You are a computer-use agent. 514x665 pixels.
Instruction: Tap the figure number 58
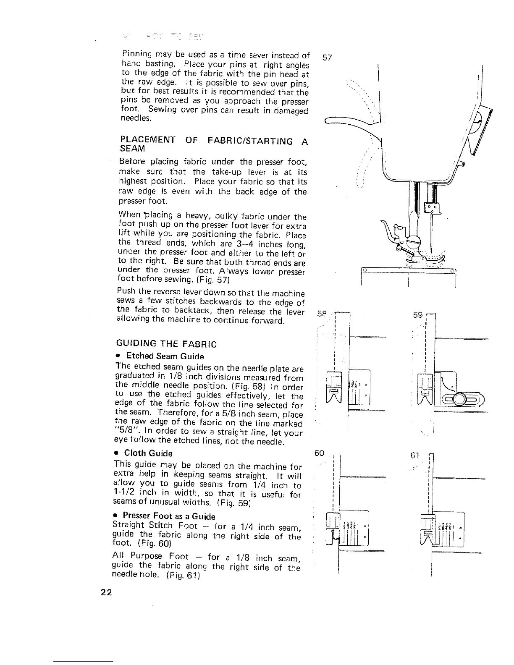322,314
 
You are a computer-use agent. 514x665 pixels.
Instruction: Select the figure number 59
417,314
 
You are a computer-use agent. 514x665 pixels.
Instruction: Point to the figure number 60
320,453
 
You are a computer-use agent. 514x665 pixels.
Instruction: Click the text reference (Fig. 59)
236,502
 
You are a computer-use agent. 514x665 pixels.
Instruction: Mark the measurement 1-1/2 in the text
124,494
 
